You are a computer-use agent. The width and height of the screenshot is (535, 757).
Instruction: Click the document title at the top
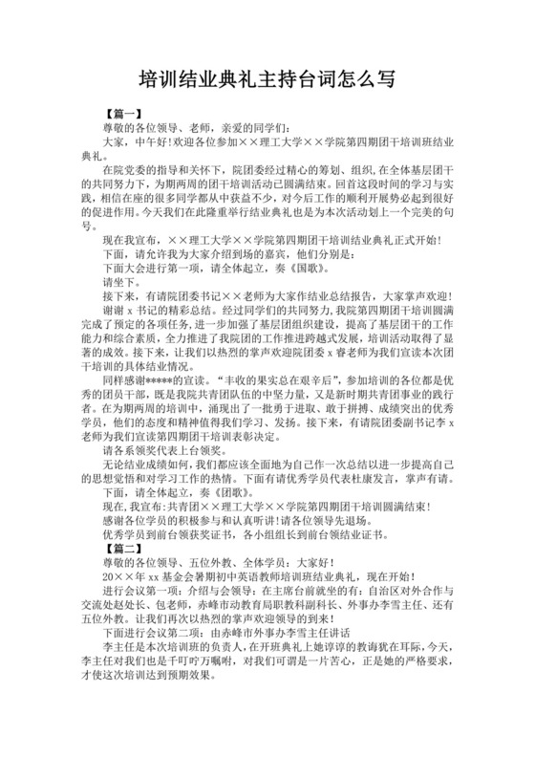pos(267,78)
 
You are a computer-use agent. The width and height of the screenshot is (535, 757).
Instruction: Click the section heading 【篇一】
pos(123,114)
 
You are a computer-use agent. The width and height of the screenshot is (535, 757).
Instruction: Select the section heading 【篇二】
pos(123,550)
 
